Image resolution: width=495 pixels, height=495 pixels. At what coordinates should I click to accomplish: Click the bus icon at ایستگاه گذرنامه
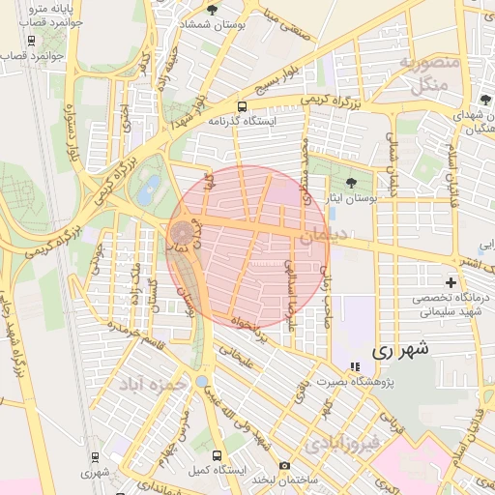242,106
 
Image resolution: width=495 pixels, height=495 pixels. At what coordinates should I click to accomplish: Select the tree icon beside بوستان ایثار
350,181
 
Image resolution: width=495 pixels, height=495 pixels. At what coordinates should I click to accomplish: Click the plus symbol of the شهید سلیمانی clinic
451,282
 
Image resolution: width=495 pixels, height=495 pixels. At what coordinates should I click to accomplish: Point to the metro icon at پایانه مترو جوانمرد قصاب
32,41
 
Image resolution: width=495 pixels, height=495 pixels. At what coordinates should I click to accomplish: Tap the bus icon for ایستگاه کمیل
217,453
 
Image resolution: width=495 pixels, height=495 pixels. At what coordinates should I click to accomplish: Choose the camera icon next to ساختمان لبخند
284,465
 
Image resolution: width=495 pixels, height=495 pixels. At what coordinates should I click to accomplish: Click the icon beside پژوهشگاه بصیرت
355,367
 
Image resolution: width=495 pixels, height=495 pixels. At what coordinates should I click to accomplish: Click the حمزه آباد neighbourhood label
151,385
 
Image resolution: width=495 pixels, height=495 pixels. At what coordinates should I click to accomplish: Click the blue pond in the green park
147,190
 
